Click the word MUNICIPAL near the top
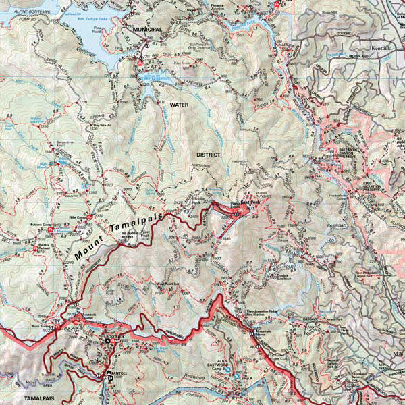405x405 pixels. click(x=148, y=30)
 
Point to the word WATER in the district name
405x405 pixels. click(x=180, y=105)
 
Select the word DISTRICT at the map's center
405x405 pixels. click(x=209, y=154)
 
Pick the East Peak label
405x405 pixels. click(x=242, y=201)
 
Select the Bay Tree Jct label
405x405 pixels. click(x=101, y=125)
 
